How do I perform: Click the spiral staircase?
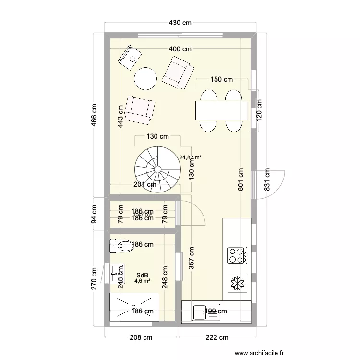157,169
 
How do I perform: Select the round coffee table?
145,78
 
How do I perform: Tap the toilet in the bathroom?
121,247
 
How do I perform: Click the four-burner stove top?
236,255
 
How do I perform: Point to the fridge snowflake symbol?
236,283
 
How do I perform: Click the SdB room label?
142,275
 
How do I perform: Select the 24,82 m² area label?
191,157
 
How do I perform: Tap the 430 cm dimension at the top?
180,23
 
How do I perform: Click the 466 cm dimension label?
94,116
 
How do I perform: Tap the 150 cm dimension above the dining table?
221,80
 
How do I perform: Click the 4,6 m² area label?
142,281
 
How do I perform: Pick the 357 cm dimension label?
192,260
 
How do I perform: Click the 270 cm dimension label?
94,278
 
